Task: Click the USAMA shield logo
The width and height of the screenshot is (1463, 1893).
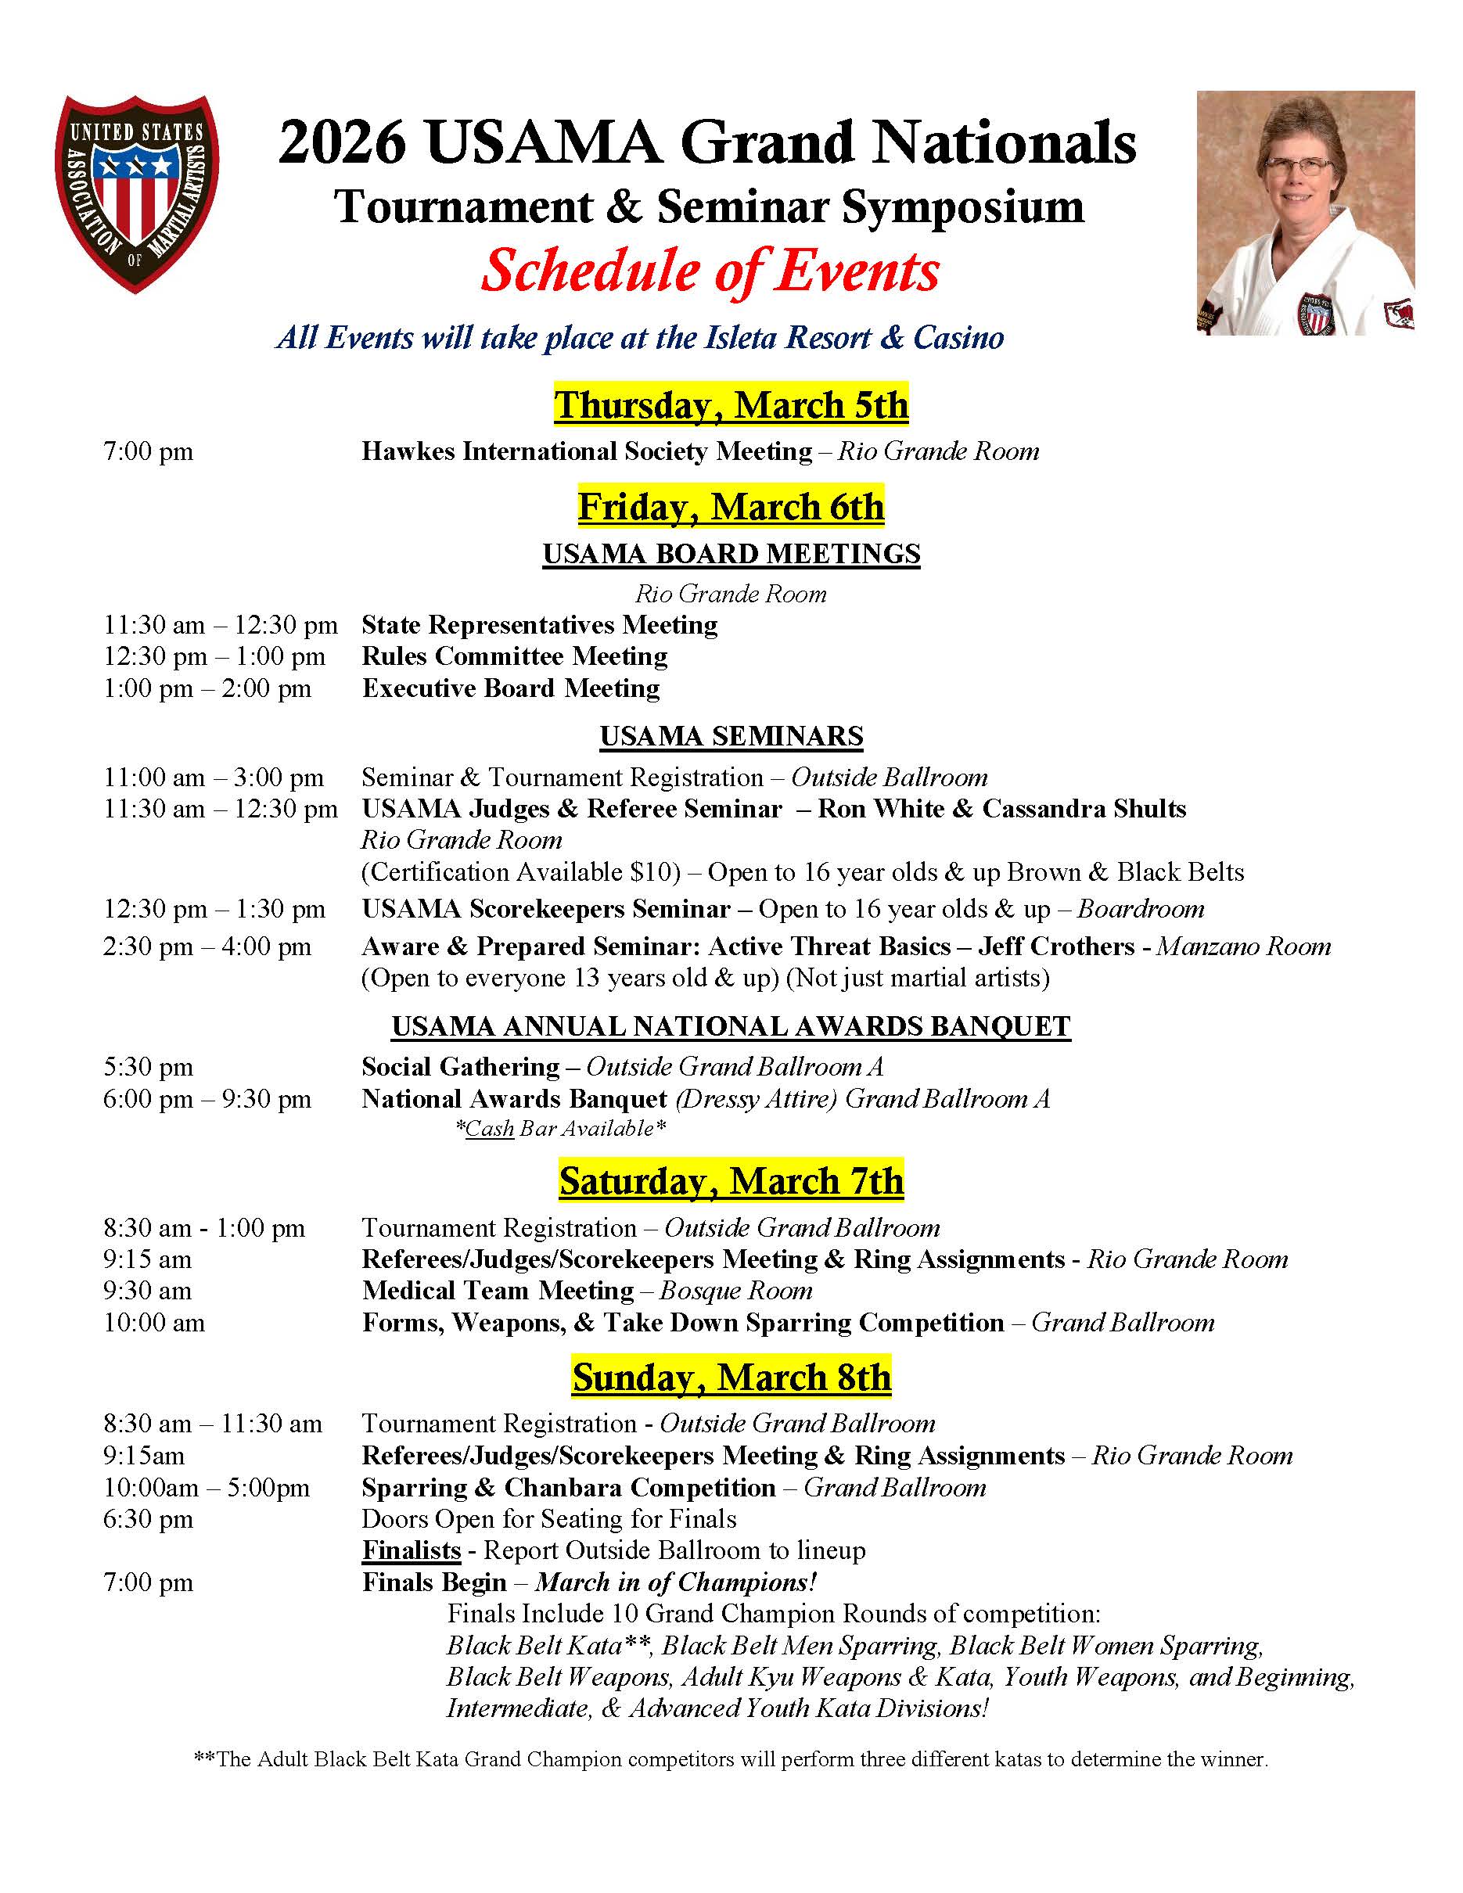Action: point(136,193)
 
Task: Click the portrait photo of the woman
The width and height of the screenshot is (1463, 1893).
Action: point(1305,214)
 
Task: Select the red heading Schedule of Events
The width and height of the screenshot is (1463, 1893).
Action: point(710,271)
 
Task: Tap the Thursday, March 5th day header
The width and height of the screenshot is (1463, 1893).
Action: point(731,404)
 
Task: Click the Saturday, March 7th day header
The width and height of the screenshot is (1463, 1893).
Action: point(731,1180)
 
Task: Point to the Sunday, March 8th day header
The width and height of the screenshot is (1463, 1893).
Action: point(731,1378)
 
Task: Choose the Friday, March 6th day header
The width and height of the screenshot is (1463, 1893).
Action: point(731,507)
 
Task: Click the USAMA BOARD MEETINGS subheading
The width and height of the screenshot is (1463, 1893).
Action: point(731,554)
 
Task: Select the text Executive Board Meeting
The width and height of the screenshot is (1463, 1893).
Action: point(511,688)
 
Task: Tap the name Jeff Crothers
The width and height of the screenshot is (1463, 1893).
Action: point(1055,946)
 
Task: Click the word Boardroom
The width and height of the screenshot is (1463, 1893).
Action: point(1141,909)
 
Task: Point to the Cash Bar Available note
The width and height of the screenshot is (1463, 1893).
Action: point(561,1129)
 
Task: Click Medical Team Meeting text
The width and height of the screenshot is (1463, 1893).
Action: point(498,1291)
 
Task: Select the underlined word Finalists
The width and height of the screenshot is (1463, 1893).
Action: point(411,1550)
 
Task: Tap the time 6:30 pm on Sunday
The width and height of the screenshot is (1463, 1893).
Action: point(148,1519)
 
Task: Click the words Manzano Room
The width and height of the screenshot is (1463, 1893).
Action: point(1244,946)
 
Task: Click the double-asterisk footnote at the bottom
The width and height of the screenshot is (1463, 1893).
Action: point(731,1759)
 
